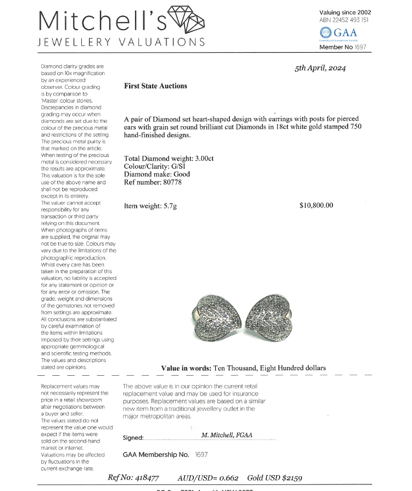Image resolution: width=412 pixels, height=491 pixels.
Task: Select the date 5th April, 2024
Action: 320,69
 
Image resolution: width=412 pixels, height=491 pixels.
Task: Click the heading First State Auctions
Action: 155,86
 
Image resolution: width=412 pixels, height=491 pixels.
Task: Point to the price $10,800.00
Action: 316,206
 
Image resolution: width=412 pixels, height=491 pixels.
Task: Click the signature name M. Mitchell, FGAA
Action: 227,435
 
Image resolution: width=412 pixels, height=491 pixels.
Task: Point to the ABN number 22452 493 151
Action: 352,20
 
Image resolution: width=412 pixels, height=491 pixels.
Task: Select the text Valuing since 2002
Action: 345,12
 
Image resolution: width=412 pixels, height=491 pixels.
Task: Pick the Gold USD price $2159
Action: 291,478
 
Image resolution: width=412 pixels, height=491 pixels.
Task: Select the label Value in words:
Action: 186,368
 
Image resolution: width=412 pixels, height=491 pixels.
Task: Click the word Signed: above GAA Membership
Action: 133,438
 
